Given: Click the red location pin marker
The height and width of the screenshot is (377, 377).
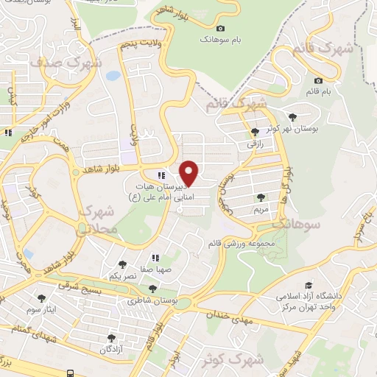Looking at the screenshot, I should point(189,172).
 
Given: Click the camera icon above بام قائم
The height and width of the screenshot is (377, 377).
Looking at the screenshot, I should point(318,80).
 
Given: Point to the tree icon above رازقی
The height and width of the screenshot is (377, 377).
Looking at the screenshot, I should point(255,133).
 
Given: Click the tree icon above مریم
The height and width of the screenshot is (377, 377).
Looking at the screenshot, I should point(261,197).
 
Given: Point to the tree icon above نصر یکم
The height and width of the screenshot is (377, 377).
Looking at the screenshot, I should point(122,264).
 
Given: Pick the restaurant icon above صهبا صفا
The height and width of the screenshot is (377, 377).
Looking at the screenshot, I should point(155,258).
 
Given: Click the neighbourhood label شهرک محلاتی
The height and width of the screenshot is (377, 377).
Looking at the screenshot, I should point(96,220).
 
